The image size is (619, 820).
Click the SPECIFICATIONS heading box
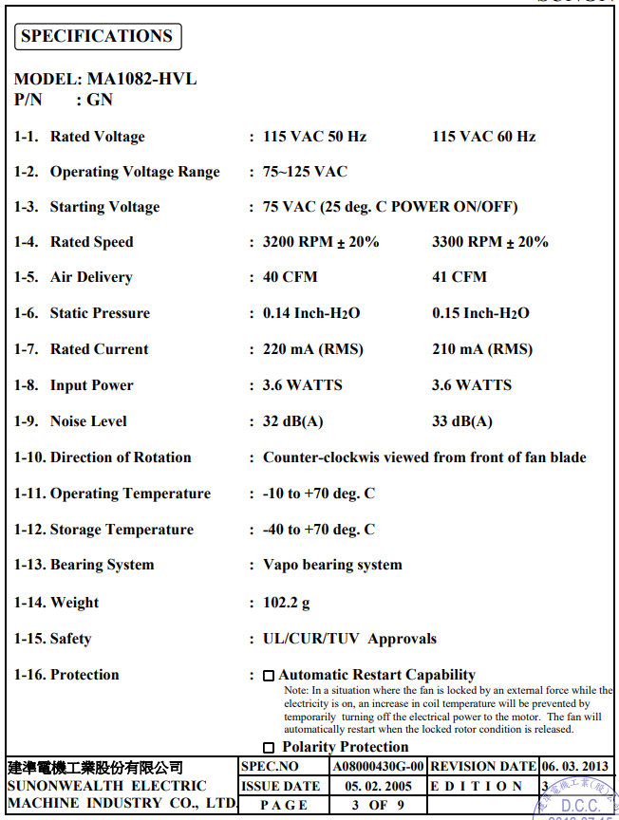(x=97, y=37)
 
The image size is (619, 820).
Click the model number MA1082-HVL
(x=142, y=79)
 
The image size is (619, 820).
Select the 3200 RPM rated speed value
(x=321, y=242)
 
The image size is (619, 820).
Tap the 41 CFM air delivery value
(x=460, y=277)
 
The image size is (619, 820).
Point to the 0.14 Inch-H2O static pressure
(x=311, y=313)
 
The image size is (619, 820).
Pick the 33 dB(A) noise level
(x=462, y=421)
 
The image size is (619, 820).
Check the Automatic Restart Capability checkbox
(x=269, y=676)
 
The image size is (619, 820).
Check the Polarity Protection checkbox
(x=269, y=748)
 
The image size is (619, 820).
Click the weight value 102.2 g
(x=287, y=603)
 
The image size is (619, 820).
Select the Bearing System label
(x=102, y=565)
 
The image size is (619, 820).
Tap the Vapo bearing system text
(x=332, y=565)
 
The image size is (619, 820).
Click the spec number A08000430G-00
(x=378, y=766)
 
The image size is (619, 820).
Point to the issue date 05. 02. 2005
(x=378, y=786)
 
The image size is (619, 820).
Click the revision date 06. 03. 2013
(x=575, y=766)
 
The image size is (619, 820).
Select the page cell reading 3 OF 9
(x=378, y=805)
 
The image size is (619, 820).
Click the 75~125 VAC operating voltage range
(x=305, y=172)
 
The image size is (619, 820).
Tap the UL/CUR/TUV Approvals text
(x=349, y=639)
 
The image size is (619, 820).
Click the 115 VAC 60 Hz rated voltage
(x=483, y=137)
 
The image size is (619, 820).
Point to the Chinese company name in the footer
(x=95, y=767)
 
